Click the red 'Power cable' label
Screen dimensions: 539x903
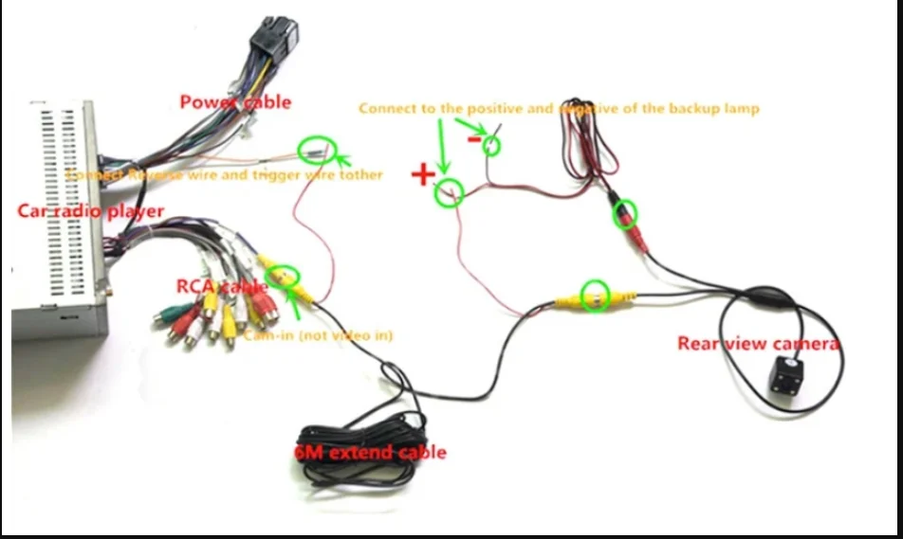[x=235, y=101]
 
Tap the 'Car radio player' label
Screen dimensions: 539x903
[x=90, y=210]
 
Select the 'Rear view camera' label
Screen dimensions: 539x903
[x=758, y=343]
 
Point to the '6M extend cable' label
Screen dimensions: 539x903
[x=370, y=452]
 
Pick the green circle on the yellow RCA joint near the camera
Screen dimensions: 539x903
[x=595, y=296]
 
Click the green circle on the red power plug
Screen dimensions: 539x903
[x=625, y=213]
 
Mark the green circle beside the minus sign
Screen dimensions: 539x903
[x=491, y=145]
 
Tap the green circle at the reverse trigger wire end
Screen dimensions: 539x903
[x=316, y=151]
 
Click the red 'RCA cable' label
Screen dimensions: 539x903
[x=222, y=286]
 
